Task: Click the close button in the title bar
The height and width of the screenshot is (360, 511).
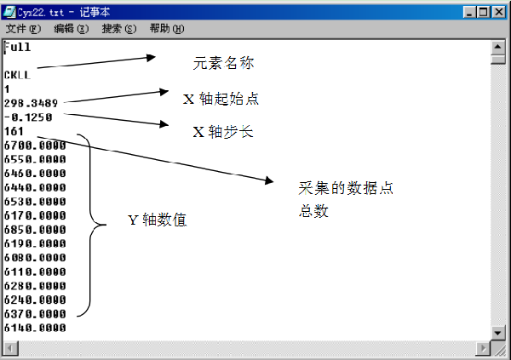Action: click(498, 12)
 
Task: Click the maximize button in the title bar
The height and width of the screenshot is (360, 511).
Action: click(483, 12)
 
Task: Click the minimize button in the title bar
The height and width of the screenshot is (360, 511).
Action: click(469, 12)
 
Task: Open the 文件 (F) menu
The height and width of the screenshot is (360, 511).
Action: click(23, 29)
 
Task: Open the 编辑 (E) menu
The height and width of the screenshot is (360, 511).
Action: click(71, 29)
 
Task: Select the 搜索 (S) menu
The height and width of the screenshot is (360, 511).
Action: click(119, 29)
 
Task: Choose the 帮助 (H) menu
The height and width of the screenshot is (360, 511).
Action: click(167, 29)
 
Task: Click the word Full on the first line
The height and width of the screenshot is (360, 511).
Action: click(17, 48)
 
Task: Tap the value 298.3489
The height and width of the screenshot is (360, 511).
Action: click(31, 103)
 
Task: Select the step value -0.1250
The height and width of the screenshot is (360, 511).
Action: click(28, 117)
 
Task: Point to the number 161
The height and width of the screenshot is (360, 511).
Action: click(14, 131)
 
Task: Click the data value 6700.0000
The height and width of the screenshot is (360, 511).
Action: click(35, 146)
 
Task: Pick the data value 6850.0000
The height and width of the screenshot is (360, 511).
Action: click(35, 230)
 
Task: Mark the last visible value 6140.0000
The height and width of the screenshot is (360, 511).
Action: click(35, 328)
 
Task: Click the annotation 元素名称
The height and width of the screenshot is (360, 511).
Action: click(223, 63)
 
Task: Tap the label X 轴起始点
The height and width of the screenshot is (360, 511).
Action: click(221, 99)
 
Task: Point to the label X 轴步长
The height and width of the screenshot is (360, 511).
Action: click(223, 132)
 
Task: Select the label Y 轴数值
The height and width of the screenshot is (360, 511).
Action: click(158, 220)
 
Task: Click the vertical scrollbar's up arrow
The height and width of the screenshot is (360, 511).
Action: click(497, 48)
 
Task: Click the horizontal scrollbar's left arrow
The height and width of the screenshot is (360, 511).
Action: click(11, 349)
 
